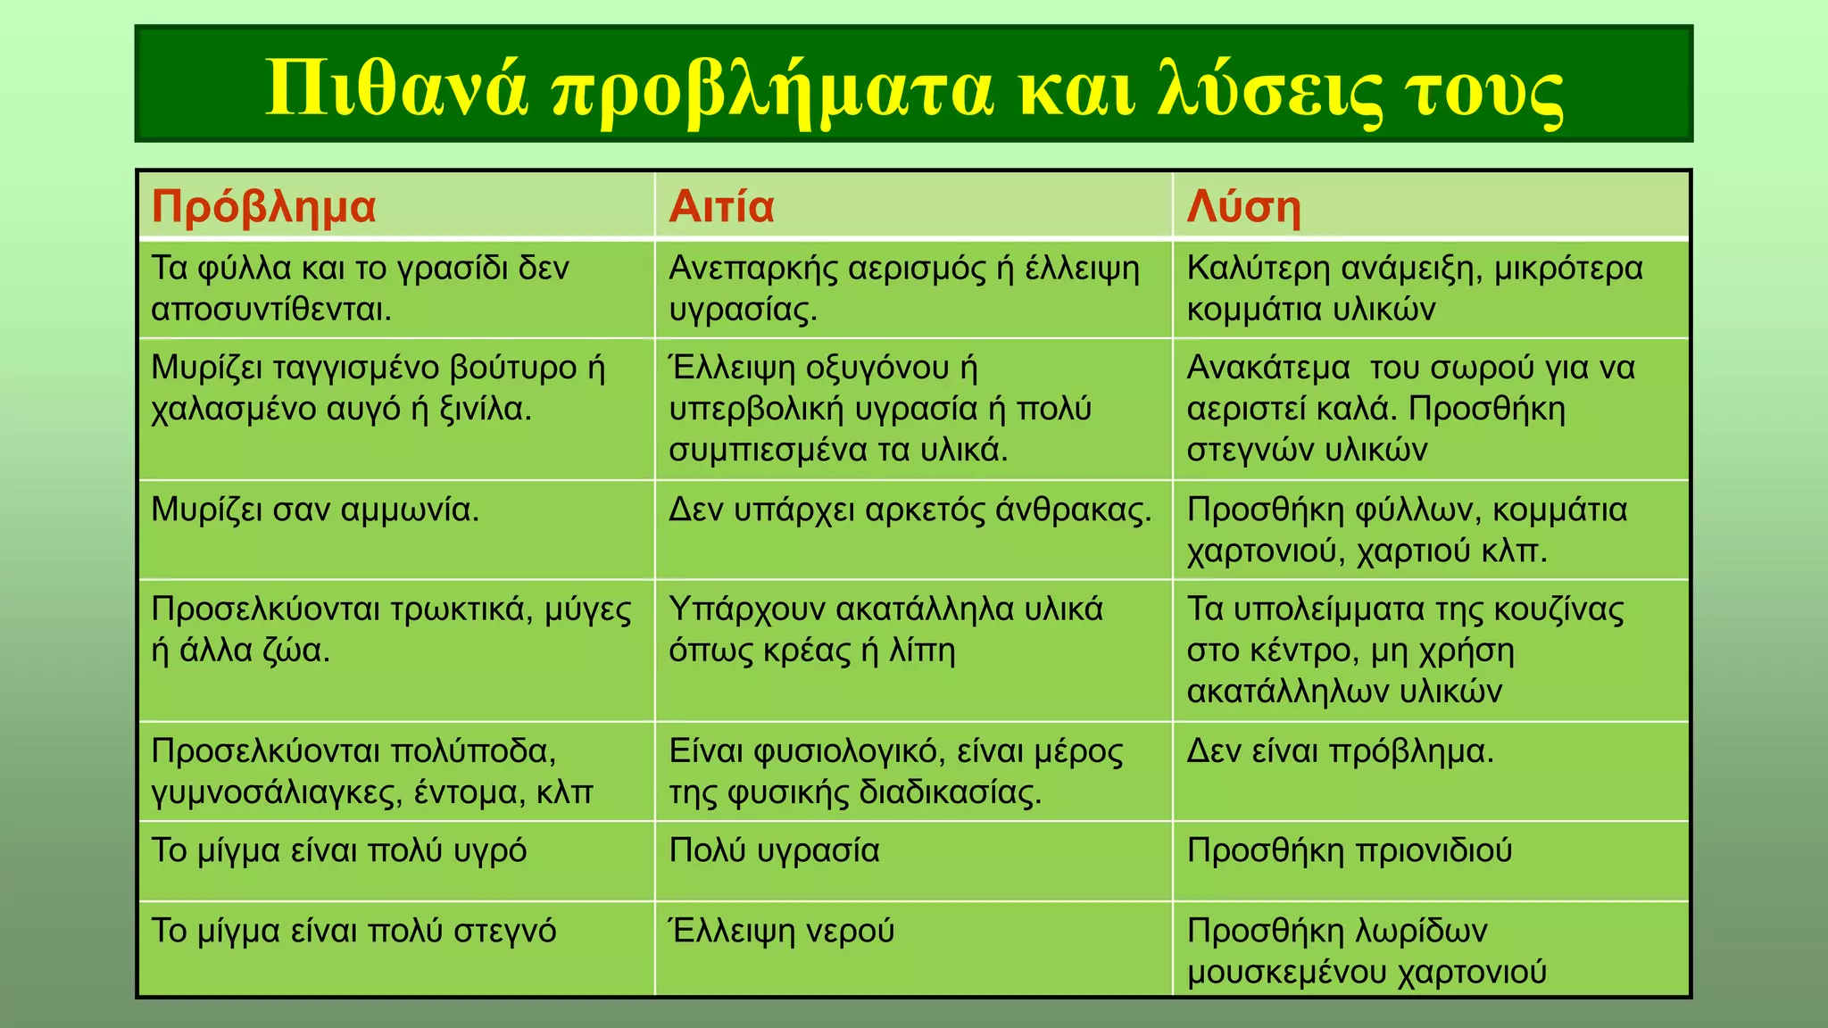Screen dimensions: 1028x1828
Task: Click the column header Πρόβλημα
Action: [263, 207]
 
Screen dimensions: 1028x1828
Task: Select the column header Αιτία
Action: [721, 207]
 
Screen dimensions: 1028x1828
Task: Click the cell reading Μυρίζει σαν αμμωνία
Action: [315, 510]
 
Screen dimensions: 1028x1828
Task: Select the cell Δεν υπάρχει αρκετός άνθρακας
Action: [910, 510]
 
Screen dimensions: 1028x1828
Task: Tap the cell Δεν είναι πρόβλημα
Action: [1340, 751]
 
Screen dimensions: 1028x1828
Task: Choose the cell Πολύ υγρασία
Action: [774, 850]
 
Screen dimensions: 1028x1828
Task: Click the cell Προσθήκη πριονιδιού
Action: [1349, 850]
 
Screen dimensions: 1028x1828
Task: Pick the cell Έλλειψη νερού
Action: [781, 931]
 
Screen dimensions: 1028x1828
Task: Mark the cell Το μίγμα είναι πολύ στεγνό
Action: [353, 931]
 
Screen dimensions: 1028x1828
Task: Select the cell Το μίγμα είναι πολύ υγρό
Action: [339, 850]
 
